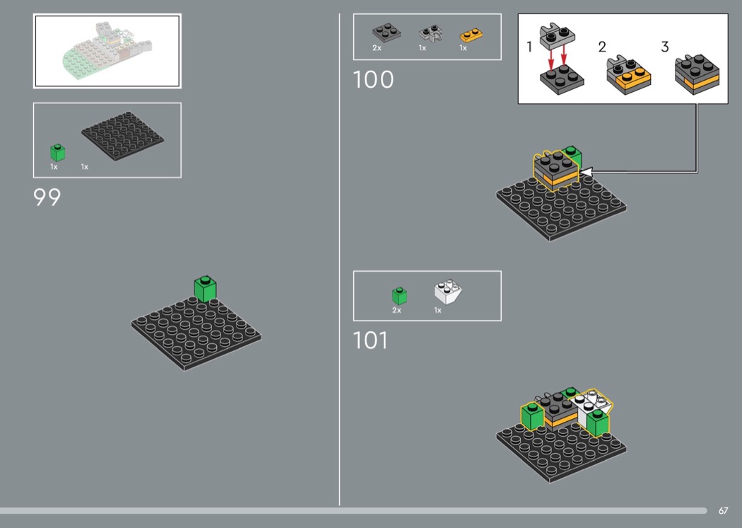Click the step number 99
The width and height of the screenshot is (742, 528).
pyautogui.click(x=47, y=197)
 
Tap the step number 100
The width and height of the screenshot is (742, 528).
pyautogui.click(x=373, y=79)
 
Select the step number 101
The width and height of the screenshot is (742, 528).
pyautogui.click(x=370, y=340)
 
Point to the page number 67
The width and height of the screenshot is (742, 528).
pyautogui.click(x=723, y=510)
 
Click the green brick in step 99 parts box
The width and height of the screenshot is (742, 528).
pyautogui.click(x=58, y=152)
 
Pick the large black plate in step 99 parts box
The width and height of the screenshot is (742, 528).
pyautogui.click(x=122, y=136)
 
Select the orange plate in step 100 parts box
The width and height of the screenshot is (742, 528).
pyautogui.click(x=471, y=35)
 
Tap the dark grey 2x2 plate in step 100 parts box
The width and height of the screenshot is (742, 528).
pyautogui.click(x=386, y=33)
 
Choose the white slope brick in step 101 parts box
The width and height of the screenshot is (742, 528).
pyautogui.click(x=447, y=292)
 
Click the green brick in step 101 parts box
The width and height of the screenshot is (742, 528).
pyautogui.click(x=399, y=296)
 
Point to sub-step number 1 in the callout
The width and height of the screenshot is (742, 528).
pyautogui.click(x=529, y=47)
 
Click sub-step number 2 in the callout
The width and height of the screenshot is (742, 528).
pyautogui.click(x=602, y=47)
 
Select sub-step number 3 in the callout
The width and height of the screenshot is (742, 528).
pyautogui.click(x=665, y=47)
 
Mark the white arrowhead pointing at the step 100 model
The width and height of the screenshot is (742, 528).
pyautogui.click(x=586, y=172)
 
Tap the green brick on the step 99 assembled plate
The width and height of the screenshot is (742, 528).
pyautogui.click(x=206, y=289)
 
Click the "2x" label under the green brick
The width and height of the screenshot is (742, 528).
pyautogui.click(x=396, y=310)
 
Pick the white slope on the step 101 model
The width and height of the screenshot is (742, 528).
pyautogui.click(x=591, y=406)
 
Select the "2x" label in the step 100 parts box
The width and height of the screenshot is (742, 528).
pyautogui.click(x=377, y=48)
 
